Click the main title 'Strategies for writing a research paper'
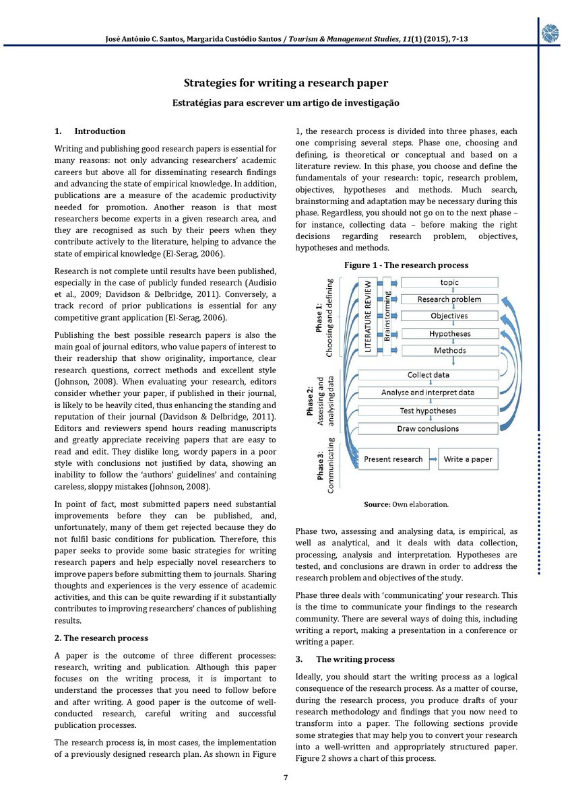(286, 83)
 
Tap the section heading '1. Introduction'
(90, 131)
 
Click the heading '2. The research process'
(101, 638)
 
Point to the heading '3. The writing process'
(345, 659)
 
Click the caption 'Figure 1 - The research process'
(406, 265)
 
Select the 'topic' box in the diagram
(449, 282)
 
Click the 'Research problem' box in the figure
(449, 299)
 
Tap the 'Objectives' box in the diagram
(449, 316)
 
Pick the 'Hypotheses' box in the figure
(449, 333)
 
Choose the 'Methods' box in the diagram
(449, 350)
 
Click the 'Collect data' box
(428, 375)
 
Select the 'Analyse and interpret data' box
(428, 393)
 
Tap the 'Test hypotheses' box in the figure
(428, 411)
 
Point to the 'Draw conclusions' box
(428, 428)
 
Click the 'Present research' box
(393, 459)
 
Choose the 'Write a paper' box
(468, 459)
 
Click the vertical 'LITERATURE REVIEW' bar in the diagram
(369, 313)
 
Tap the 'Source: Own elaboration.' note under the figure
(406, 504)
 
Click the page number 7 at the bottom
(286, 778)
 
